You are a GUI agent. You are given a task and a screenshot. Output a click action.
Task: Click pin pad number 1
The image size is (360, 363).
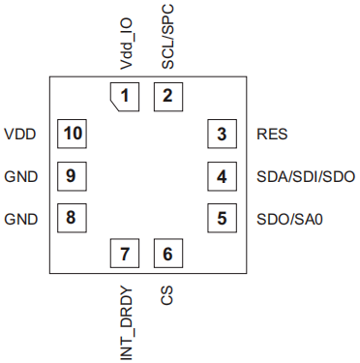click(125, 97)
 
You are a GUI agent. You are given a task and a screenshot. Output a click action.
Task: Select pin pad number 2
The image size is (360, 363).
click(168, 97)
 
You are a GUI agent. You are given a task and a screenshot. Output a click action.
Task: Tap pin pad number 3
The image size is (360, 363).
click(222, 134)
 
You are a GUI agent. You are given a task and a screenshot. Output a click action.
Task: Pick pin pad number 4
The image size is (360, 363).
click(222, 176)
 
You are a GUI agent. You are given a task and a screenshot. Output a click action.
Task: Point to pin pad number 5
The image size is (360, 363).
click(222, 218)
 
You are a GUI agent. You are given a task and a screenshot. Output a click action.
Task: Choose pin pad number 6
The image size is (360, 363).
click(168, 254)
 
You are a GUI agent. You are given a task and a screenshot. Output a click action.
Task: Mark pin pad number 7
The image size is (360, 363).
click(125, 254)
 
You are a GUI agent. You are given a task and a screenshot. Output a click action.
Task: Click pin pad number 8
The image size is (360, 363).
click(72, 218)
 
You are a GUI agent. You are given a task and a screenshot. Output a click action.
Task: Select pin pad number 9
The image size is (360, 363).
click(72, 176)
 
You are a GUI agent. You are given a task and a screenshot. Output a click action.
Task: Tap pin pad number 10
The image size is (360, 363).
click(72, 134)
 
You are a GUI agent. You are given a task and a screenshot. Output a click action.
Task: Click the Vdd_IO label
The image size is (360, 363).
click(126, 44)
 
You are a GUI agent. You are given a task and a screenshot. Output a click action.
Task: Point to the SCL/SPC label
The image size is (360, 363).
click(167, 37)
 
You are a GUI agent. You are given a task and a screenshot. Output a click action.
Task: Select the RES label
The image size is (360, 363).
click(272, 134)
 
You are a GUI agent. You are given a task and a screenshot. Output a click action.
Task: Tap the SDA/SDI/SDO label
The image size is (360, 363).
click(306, 176)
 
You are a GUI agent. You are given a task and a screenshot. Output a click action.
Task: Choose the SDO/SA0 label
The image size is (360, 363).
click(289, 219)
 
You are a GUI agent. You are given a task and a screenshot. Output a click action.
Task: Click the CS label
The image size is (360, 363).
click(167, 295)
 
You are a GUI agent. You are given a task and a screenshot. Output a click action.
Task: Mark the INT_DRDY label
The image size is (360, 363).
click(126, 323)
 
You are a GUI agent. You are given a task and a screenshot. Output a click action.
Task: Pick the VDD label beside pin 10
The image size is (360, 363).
click(20, 134)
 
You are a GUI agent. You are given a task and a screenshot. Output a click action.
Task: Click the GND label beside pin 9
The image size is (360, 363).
click(21, 176)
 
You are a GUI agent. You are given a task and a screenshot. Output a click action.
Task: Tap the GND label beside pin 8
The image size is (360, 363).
click(21, 219)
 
